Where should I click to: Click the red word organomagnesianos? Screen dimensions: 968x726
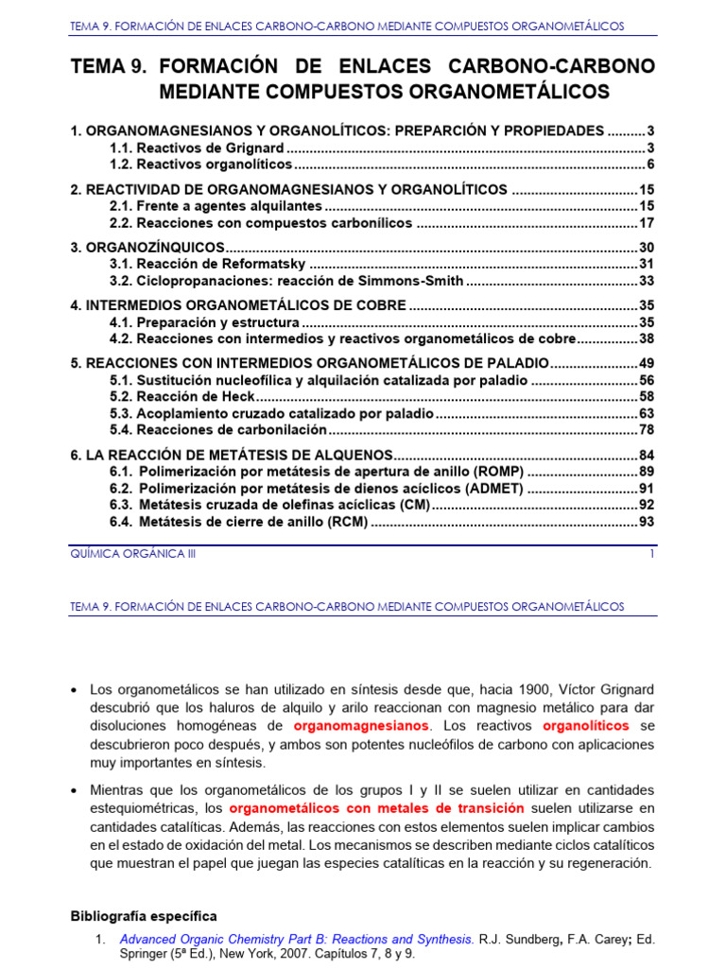tap(362, 726)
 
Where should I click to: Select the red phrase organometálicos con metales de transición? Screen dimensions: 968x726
tap(376, 808)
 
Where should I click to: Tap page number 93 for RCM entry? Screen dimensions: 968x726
tap(647, 521)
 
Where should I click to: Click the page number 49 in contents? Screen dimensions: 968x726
tap(647, 363)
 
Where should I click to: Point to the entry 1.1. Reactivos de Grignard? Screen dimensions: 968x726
tap(197, 148)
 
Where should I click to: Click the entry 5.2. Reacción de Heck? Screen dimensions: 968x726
tap(182, 397)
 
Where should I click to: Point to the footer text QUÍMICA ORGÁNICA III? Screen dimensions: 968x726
tap(133, 555)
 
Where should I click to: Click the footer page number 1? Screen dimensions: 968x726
tap(651, 555)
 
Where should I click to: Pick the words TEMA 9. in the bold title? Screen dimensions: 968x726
tap(110, 67)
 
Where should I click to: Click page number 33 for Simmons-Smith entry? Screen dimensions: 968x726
tap(647, 281)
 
